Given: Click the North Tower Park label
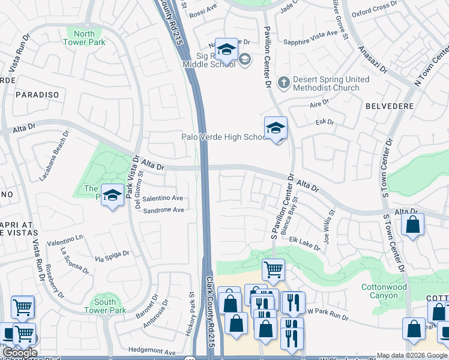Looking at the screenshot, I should (x=85, y=38).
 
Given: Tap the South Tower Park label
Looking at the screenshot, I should (x=105, y=306).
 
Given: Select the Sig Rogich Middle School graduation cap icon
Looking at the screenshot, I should (x=226, y=50).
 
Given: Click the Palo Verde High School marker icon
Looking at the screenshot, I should (x=276, y=128).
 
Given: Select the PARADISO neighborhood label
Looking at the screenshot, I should (x=37, y=95).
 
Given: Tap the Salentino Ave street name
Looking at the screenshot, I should (x=163, y=198).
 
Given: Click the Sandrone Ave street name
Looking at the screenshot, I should (x=163, y=210).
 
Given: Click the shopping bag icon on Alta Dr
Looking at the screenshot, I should (x=412, y=226).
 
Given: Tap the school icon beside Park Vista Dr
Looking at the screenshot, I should (x=112, y=196).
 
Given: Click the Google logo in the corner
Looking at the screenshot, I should (x=20, y=353).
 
